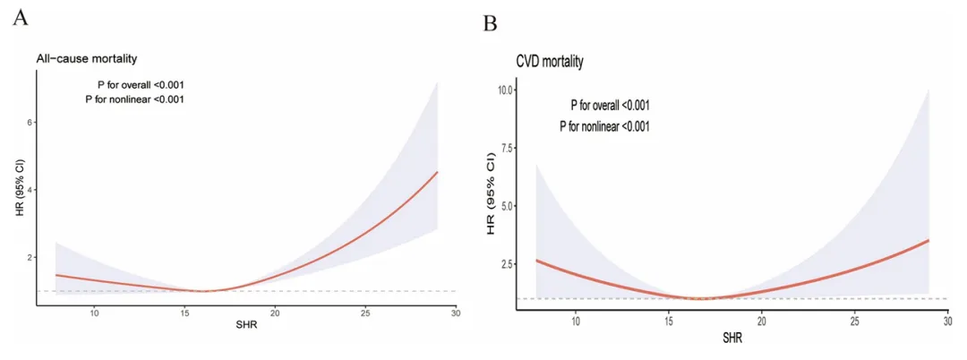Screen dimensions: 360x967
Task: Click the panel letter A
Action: point(18,17)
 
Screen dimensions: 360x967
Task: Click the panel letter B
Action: point(491,23)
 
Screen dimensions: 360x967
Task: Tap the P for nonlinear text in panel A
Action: point(134,99)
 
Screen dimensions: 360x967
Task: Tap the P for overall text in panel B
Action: point(604,105)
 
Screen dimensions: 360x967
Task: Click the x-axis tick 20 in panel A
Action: point(275,313)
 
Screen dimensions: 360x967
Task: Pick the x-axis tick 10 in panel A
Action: point(94,313)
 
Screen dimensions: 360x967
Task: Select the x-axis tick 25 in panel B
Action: point(854,321)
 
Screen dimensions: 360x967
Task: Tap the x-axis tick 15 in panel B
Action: point(668,321)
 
